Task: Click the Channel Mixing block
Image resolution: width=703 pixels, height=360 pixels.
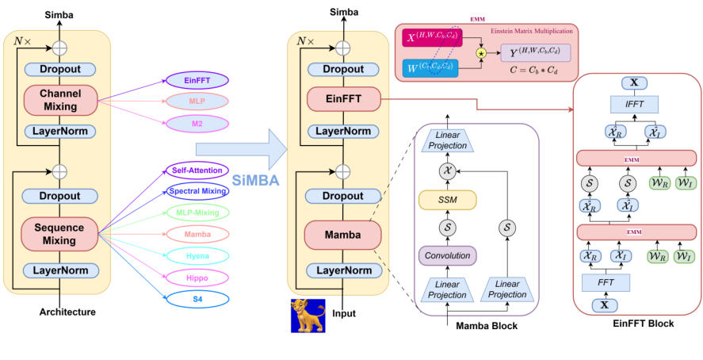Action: click(59, 100)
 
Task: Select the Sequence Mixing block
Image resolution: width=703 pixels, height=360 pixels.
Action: click(59, 235)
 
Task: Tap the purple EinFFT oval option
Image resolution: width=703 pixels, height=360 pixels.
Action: click(197, 80)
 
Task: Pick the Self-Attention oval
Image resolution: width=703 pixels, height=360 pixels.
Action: click(197, 170)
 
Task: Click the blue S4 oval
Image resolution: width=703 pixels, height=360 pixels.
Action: click(197, 299)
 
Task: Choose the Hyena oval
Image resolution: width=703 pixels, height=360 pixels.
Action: click(197, 256)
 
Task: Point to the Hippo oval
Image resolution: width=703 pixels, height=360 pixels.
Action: click(197, 278)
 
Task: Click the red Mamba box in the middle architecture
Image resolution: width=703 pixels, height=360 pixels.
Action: click(343, 236)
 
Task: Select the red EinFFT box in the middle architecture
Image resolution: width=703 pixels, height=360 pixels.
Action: click(343, 100)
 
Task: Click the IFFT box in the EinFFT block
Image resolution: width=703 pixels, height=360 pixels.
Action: click(633, 104)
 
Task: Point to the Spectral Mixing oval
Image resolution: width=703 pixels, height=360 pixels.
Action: click(197, 191)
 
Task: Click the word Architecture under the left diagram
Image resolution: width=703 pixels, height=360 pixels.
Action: click(67, 312)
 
